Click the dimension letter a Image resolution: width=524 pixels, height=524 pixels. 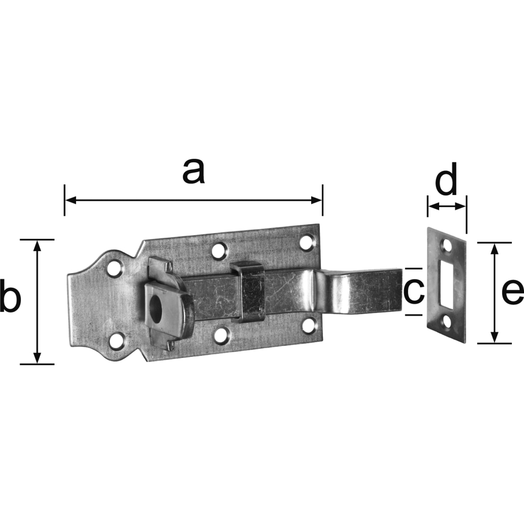click(x=193, y=171)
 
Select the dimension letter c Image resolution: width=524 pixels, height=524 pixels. click(x=414, y=291)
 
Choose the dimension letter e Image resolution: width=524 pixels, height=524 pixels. click(x=513, y=292)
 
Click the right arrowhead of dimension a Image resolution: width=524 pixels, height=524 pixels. click(x=316, y=200)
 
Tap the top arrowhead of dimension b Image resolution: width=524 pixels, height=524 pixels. click(x=37, y=246)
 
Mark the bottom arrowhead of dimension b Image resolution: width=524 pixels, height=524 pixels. click(x=37, y=358)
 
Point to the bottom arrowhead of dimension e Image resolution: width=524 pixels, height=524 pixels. click(x=495, y=337)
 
